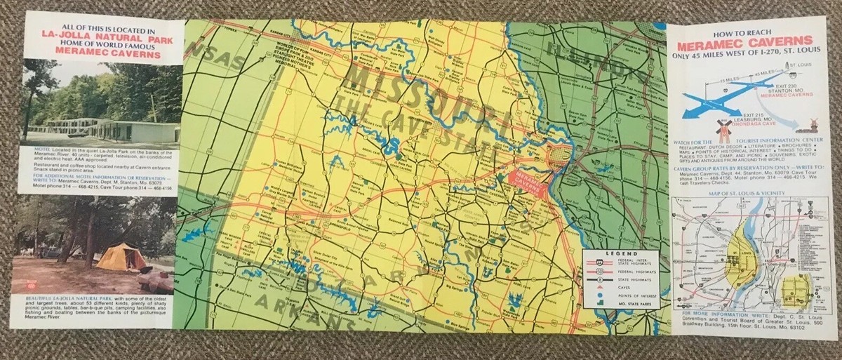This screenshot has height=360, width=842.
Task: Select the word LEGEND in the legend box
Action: point(620,253)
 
